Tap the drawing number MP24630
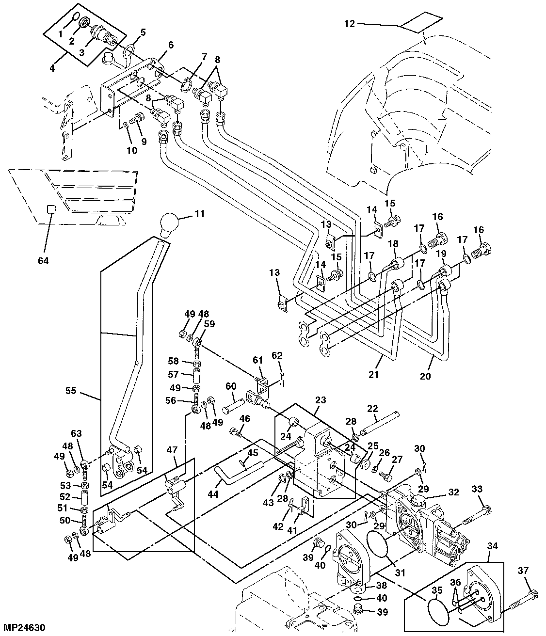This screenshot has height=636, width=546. [x=24, y=627]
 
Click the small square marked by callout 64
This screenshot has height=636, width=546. [x=49, y=209]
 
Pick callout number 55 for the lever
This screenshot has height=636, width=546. [x=71, y=391]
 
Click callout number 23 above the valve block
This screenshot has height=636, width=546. [x=321, y=401]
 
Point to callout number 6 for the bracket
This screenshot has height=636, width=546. [x=171, y=45]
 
